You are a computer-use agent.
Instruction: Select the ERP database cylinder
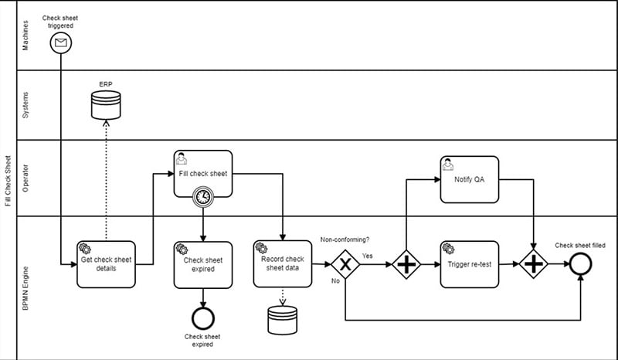tap(106, 105)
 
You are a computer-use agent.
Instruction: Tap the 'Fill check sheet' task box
tap(202, 173)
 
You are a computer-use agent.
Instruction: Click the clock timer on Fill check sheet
tap(202, 197)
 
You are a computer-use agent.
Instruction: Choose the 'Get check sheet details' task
tap(107, 264)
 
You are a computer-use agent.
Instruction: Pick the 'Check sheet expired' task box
tap(202, 264)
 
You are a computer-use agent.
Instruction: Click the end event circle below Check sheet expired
tap(202, 317)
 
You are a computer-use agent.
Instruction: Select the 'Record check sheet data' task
tap(283, 264)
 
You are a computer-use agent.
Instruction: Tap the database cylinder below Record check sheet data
tap(283, 319)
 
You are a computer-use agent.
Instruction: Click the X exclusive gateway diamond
tap(346, 264)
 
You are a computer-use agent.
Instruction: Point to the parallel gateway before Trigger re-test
tap(406, 264)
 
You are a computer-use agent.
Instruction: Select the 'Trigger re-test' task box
tap(469, 264)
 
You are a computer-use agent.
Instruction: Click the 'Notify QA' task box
tap(469, 179)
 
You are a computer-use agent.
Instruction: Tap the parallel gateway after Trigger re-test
tap(533, 264)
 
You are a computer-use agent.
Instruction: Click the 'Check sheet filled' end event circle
tap(580, 264)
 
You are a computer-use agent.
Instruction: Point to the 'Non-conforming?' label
tap(345, 239)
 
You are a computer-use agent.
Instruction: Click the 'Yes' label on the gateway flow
tap(368, 256)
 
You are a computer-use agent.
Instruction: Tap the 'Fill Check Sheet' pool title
tap(8, 180)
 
